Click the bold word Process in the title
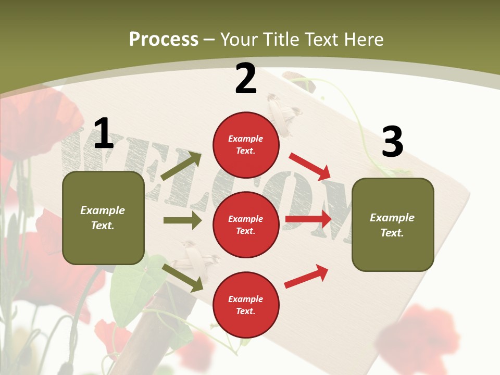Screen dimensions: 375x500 click(164, 40)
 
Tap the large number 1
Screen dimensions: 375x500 click(104, 134)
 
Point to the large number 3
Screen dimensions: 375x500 click(392, 142)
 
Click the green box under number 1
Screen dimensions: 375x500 click(103, 218)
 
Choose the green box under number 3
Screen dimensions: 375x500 click(393, 224)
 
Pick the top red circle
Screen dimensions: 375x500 click(246, 145)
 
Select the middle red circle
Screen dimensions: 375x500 click(246, 224)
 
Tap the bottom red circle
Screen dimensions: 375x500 click(246, 305)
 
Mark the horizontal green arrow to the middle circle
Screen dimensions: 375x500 click(182, 220)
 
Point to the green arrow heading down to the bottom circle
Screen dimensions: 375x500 click(183, 278)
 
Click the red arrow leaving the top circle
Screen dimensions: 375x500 click(310, 166)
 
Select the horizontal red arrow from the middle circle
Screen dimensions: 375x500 click(308, 219)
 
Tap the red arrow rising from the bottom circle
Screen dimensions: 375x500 click(306, 277)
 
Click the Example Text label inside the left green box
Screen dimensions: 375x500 click(103, 218)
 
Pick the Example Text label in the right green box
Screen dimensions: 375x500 click(392, 225)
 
